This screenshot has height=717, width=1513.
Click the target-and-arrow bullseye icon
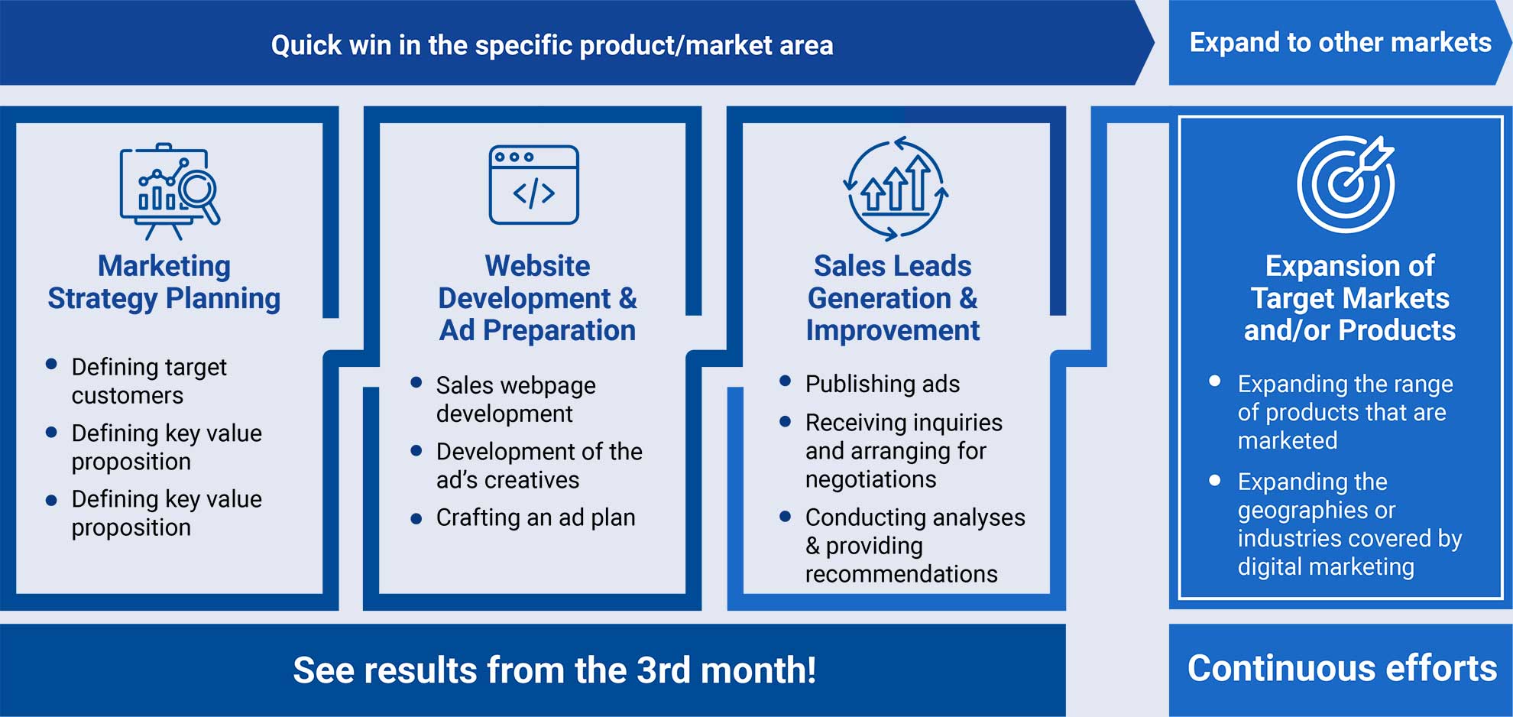pyautogui.click(x=1346, y=183)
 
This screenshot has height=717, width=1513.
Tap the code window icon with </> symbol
pyautogui.click(x=533, y=184)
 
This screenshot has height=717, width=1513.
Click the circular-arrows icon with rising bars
pyautogui.click(x=896, y=188)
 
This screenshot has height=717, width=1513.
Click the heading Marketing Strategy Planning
pyautogui.click(x=164, y=282)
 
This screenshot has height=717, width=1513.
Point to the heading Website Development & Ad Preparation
pyautogui.click(x=537, y=298)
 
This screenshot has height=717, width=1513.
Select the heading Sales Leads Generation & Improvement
pyautogui.click(x=893, y=298)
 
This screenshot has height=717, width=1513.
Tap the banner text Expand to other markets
pyautogui.click(x=1340, y=42)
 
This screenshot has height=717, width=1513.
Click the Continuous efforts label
pyautogui.click(x=1342, y=668)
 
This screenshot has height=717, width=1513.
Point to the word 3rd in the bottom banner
pyautogui.click(x=663, y=670)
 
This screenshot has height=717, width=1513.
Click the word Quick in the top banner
pyautogui.click(x=306, y=45)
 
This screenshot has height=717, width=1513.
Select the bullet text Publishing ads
pyautogui.click(x=883, y=384)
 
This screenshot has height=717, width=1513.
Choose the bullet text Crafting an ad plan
pyautogui.click(x=536, y=517)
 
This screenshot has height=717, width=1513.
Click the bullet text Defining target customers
pyautogui.click(x=149, y=381)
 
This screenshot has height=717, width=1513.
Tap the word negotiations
pyautogui.click(x=870, y=479)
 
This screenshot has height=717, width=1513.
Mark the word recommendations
pyautogui.click(x=901, y=574)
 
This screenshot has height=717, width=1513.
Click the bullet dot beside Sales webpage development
pyautogui.click(x=416, y=382)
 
